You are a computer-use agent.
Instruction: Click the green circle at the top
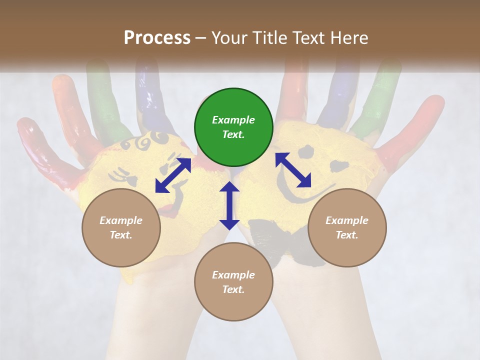point(233,127)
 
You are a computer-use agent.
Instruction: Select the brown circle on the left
point(121,227)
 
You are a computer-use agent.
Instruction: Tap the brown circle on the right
point(347,227)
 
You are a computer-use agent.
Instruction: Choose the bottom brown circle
point(233,282)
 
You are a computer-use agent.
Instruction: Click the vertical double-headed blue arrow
point(229,205)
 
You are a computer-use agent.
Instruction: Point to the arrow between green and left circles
point(173,175)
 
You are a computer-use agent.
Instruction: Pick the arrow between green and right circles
point(293,170)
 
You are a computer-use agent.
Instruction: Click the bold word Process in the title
point(157,38)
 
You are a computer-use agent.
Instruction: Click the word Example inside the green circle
point(233,120)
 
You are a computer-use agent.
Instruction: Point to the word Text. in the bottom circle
point(233,289)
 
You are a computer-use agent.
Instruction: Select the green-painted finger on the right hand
point(380,100)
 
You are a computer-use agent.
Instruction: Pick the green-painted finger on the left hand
point(102,100)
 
